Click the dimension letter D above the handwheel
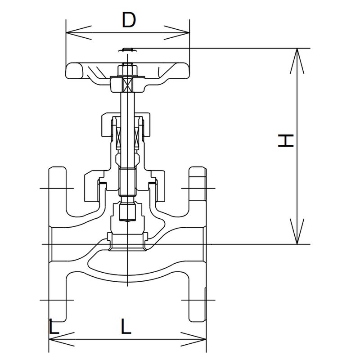(129, 20)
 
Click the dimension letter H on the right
(286, 140)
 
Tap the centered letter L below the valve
(126, 326)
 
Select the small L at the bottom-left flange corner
(54, 326)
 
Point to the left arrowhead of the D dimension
(78, 32)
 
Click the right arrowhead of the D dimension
(177, 32)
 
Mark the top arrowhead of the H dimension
(297, 61)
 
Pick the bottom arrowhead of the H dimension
(297, 231)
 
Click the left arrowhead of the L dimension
(62, 339)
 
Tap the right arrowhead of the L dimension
(193, 339)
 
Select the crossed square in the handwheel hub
(127, 84)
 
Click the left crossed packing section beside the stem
(118, 137)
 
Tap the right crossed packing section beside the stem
(136, 137)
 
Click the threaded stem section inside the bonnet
(127, 182)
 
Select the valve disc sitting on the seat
(127, 242)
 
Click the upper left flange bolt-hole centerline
(57, 188)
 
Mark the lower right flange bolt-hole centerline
(198, 300)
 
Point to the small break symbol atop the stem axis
(128, 50)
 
